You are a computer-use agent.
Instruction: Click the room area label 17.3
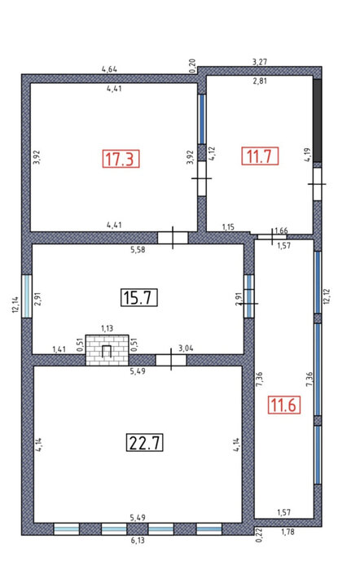coord(121,159)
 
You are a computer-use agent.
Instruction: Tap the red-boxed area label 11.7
coord(260,156)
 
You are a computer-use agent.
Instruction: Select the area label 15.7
coord(139,297)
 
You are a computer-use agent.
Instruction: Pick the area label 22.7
coord(145,442)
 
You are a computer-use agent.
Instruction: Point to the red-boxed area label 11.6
coord(284,405)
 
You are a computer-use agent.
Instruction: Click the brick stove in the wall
coord(107,350)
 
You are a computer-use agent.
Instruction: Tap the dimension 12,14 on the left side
coord(15,305)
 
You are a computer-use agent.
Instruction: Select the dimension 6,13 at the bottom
coord(137,541)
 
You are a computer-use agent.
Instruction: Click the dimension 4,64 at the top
coord(109,69)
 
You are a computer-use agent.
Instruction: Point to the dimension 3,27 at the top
coord(260,62)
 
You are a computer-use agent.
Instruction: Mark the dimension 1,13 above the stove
coord(107,329)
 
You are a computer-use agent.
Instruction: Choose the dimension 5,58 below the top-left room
coord(138,250)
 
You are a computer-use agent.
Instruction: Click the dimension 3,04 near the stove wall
coord(186,349)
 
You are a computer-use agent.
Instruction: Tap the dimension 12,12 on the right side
coord(326,296)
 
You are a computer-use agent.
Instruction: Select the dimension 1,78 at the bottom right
coord(288,533)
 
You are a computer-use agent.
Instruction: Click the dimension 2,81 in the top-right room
coord(260,81)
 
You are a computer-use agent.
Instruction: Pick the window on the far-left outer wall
coord(27,296)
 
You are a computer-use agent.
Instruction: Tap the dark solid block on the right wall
coord(318,121)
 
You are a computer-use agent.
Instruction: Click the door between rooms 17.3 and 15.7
coord(173,238)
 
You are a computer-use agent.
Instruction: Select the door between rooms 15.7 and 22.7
coord(171,360)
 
